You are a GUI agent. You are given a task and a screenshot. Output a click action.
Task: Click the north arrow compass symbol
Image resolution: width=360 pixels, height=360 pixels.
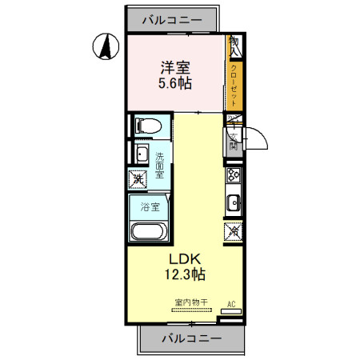pyautogui.click(x=103, y=47)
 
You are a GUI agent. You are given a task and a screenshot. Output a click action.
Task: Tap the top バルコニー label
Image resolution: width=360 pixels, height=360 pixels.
pyautogui.click(x=170, y=20)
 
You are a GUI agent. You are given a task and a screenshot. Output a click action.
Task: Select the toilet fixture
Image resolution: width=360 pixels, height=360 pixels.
pyautogui.click(x=148, y=126)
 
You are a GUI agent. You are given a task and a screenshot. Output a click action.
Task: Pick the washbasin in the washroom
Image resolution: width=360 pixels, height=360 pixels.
pyautogui.click(x=141, y=154)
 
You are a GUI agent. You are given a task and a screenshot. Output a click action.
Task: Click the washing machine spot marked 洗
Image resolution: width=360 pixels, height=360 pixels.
pyautogui.click(x=138, y=180)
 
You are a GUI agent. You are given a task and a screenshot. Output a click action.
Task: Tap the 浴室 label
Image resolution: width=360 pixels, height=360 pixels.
pyautogui.click(x=149, y=207)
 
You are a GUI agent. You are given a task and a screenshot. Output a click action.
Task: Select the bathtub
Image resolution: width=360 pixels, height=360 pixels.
pyautogui.click(x=149, y=233)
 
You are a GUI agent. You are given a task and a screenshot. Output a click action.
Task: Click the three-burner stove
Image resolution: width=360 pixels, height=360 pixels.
pyautogui.click(x=235, y=175)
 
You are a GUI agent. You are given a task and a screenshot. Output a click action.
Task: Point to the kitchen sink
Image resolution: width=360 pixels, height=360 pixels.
pyautogui.click(x=235, y=202)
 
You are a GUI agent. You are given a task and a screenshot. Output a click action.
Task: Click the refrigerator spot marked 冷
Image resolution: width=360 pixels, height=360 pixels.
pyautogui.click(x=234, y=232)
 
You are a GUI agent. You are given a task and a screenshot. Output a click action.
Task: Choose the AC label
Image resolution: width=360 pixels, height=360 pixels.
pyautogui.click(x=231, y=303)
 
